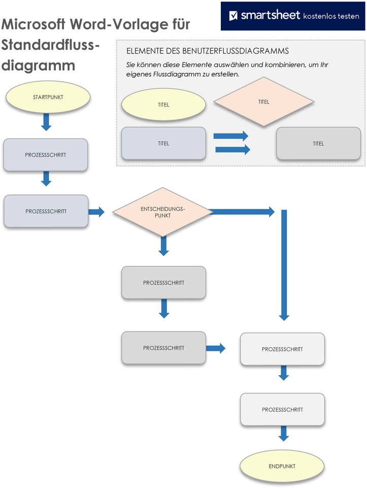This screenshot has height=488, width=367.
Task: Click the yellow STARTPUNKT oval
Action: click(48, 97)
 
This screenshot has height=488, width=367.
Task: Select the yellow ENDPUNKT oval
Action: click(282, 466)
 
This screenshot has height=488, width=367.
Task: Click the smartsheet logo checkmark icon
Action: click(233, 16)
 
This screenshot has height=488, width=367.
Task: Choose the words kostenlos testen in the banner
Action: click(330, 16)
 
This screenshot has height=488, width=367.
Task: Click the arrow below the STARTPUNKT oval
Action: click(46, 122)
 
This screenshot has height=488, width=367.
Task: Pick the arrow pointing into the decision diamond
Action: click(96, 211)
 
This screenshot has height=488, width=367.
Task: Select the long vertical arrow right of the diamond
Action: click(284, 264)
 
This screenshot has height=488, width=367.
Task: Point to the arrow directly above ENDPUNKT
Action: click(284, 433)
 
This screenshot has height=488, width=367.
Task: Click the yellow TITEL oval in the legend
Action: click(163, 105)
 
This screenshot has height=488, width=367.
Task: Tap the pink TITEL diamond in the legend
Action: click(263, 102)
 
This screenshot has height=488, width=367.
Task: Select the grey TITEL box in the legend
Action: click(318, 144)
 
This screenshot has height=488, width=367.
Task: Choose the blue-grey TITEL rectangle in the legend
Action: click(163, 144)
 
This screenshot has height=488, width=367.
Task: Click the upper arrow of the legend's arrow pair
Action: click(231, 136)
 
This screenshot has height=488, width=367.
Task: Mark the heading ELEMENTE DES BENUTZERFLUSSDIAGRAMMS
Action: click(208, 51)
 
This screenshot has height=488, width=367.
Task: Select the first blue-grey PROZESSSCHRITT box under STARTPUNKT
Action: click(46, 155)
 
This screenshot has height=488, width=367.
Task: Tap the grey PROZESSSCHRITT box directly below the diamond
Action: click(163, 282)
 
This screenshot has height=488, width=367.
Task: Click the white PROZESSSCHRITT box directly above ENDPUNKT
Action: click(282, 409)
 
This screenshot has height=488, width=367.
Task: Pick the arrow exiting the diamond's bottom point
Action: click(163, 246)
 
